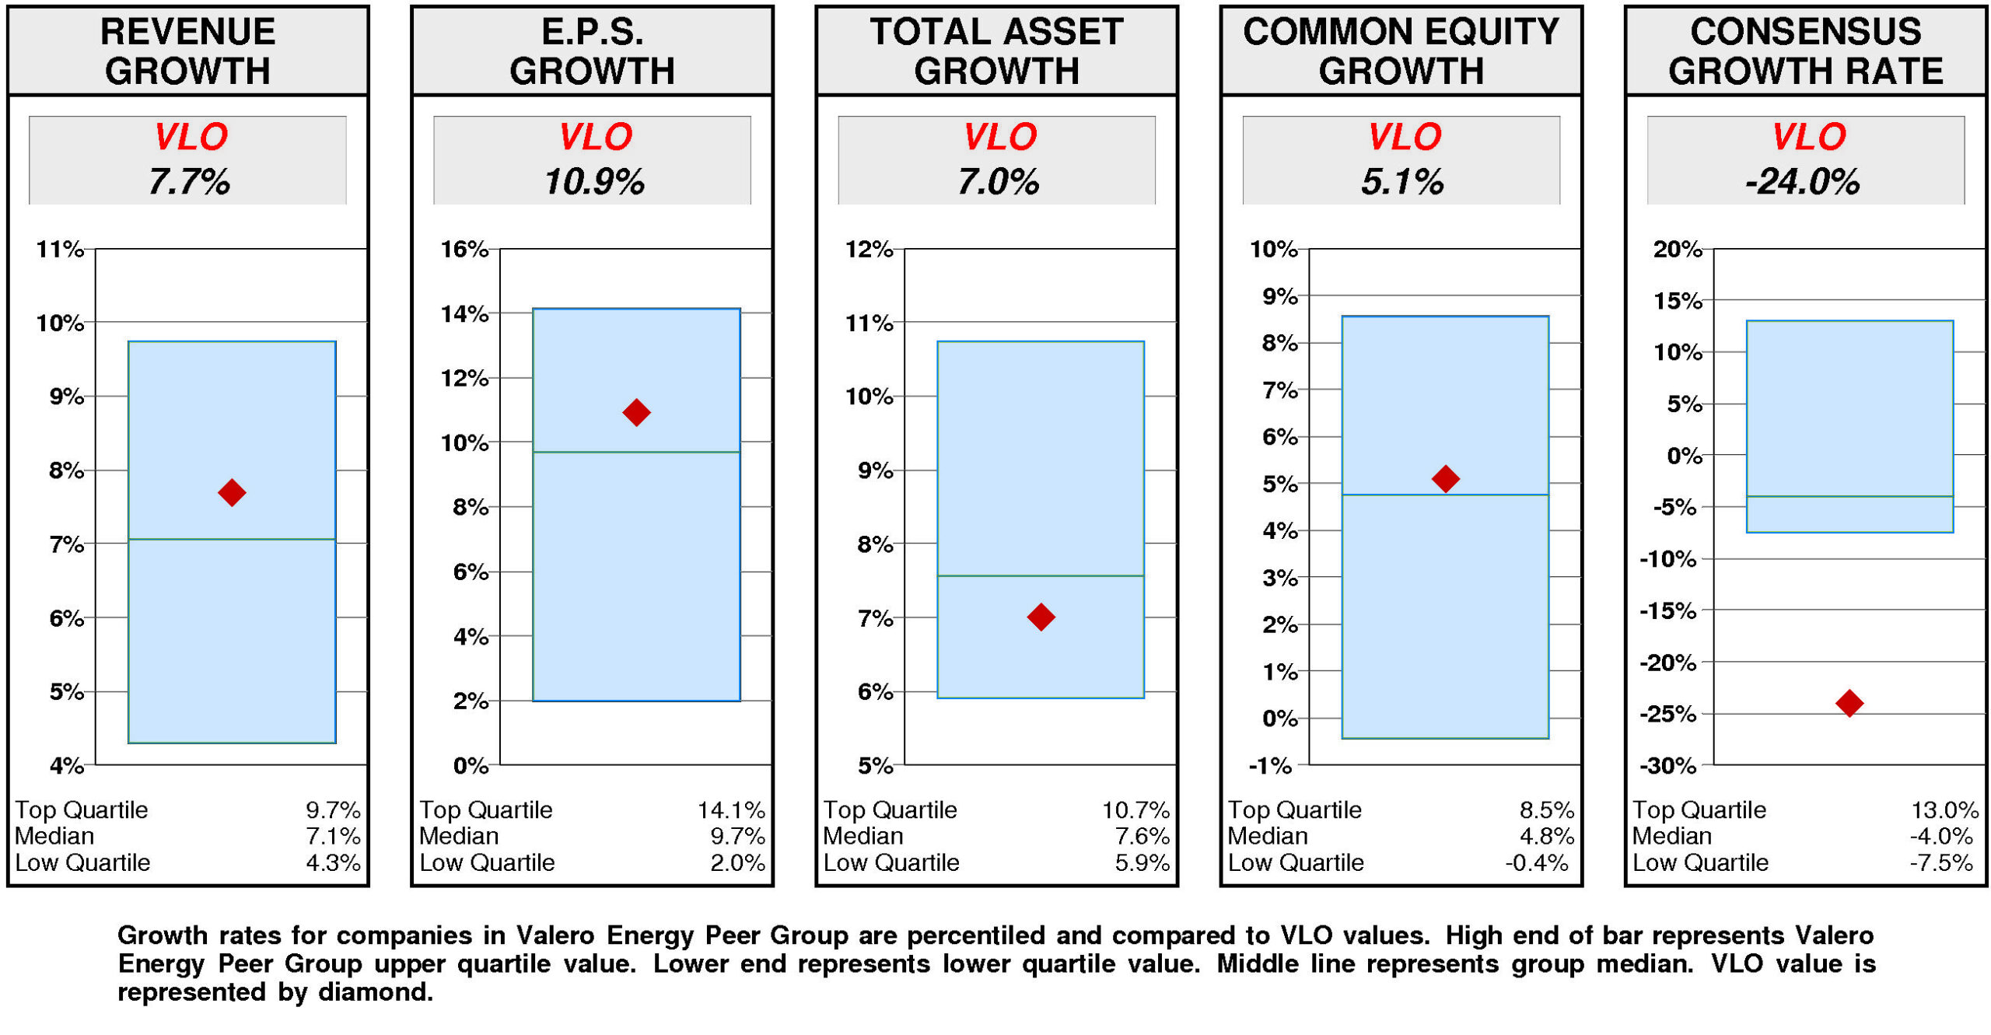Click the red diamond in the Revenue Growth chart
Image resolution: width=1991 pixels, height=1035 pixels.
232,492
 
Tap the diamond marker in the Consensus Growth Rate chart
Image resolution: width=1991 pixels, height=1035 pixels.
1849,703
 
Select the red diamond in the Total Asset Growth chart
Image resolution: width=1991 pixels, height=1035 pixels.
1041,617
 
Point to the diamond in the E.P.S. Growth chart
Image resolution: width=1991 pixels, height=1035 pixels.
636,412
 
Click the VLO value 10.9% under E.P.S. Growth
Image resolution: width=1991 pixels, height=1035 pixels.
594,182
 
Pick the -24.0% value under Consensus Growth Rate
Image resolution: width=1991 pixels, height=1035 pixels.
1802,182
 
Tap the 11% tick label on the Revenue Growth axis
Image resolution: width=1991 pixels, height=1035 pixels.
60,250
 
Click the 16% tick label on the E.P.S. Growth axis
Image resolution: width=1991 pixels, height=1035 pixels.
464,250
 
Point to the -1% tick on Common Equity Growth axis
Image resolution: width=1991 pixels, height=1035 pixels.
1269,766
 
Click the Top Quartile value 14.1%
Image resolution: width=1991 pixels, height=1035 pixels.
730,810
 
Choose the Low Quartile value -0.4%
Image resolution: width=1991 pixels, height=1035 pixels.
1536,862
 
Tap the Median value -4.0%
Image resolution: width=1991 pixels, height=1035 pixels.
1940,836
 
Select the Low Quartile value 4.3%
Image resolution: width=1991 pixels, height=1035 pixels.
333,862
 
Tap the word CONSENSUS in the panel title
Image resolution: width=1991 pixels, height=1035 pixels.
1805,32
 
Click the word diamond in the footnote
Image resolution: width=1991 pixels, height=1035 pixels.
375,992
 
